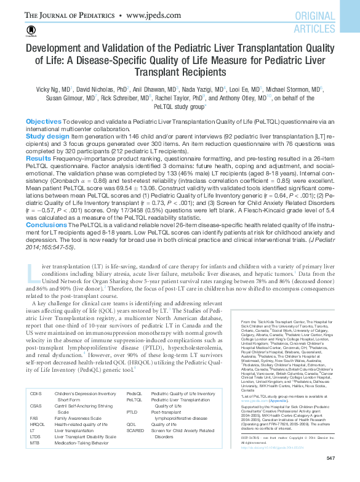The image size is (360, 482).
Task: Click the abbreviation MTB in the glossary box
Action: (x=34, y=459)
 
